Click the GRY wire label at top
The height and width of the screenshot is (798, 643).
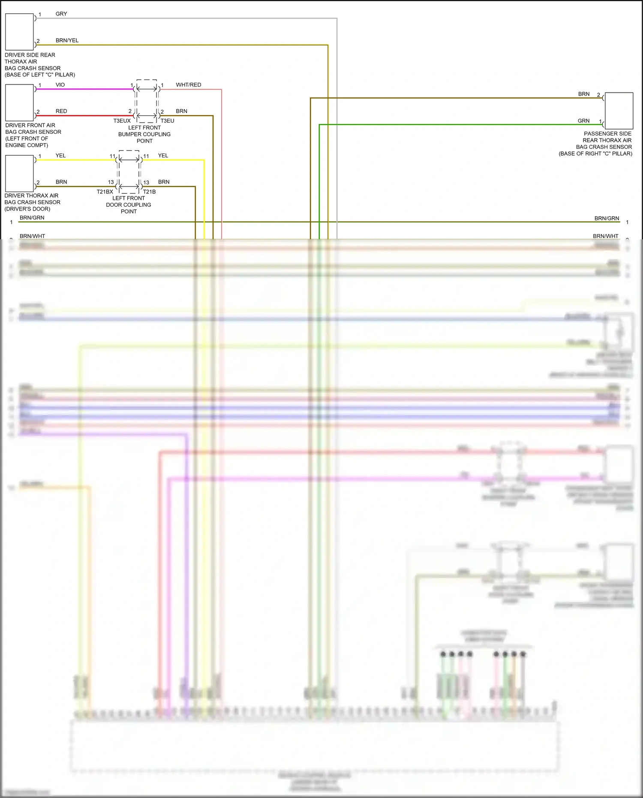tap(61, 14)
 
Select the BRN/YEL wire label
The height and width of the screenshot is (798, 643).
tap(67, 41)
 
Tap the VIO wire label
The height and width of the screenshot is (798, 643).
tap(60, 85)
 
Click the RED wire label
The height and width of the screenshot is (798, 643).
tap(61, 111)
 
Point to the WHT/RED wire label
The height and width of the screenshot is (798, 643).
tap(188, 85)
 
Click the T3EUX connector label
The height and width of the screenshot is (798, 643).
tap(122, 121)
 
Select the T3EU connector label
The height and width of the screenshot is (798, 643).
tap(167, 121)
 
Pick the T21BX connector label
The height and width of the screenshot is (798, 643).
tap(105, 192)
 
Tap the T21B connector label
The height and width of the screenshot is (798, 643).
tap(149, 192)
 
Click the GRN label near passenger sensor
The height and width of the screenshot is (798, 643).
tap(583, 121)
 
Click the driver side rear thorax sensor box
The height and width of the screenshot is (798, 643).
tap(19, 32)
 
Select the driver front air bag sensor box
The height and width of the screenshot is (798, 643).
tap(19, 102)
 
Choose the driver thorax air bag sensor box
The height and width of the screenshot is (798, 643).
tap(19, 173)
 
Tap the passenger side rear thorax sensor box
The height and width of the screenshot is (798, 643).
tap(619, 111)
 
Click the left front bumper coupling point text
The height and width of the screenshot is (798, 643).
tap(144, 134)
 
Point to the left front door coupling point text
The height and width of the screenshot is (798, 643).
tap(129, 205)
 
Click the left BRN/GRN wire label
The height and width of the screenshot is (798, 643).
tap(32, 218)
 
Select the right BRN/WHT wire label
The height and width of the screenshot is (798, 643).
tap(605, 236)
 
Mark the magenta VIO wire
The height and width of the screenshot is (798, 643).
tap(86, 89)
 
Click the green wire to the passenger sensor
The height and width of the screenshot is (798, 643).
tap(429, 125)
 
